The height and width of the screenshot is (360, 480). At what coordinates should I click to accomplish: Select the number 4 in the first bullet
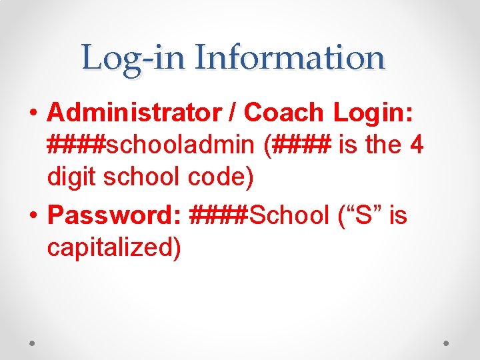(416, 145)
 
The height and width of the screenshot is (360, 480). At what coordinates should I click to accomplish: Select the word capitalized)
(114, 247)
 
